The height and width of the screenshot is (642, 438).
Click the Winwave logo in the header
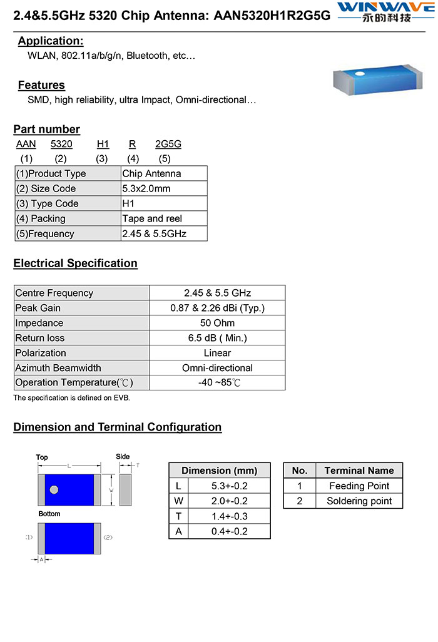(383, 12)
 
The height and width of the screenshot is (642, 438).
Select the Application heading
(51, 41)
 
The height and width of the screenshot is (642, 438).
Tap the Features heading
(41, 85)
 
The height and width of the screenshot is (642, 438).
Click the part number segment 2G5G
(168, 144)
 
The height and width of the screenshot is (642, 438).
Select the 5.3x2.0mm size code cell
(146, 188)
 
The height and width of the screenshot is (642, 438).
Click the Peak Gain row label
(38, 308)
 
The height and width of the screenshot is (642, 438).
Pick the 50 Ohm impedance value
(217, 323)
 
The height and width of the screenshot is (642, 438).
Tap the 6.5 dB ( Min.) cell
(217, 338)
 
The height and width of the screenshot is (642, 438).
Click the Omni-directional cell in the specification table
(217, 368)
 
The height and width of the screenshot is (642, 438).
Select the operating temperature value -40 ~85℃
(217, 382)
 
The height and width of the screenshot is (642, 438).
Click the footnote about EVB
(72, 398)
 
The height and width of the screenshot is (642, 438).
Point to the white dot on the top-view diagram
(54, 489)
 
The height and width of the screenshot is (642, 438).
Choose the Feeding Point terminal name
(359, 486)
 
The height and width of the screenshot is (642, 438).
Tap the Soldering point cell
(359, 501)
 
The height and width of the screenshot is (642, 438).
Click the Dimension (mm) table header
(219, 471)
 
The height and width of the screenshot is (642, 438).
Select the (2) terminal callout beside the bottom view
(108, 538)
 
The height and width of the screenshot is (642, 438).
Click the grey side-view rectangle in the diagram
(125, 489)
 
